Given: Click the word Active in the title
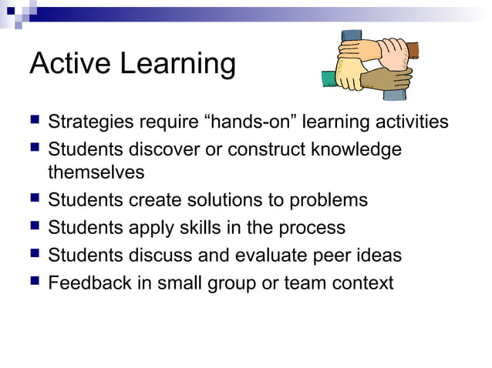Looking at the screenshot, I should click(x=69, y=64).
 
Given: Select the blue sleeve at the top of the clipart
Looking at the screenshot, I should click(x=352, y=37).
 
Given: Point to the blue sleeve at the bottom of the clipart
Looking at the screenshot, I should click(x=394, y=94).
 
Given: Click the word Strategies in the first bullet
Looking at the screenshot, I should click(x=89, y=122).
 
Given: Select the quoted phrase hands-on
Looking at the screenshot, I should click(x=246, y=122).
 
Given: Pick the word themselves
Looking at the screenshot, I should click(x=96, y=172).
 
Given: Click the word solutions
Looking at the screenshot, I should click(x=224, y=200).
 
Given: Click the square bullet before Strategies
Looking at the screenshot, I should click(x=34, y=122).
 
